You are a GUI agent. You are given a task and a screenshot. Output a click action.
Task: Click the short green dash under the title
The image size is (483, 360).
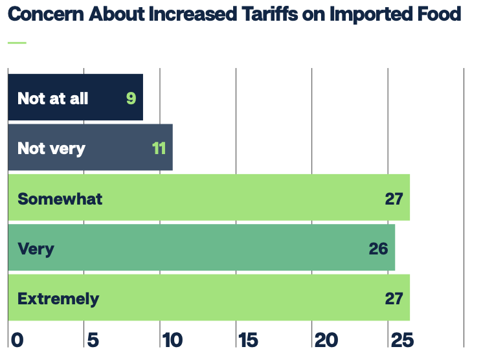tap(17, 43)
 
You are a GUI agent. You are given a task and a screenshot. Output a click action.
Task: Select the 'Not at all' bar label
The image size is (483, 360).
tap(52, 98)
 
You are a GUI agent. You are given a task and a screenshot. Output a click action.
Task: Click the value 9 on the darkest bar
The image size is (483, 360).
tap(131, 98)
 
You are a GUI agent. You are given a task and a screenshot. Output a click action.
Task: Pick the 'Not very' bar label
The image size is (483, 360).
tap(51, 148)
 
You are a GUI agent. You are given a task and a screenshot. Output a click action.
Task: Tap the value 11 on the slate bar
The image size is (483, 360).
tap(159, 148)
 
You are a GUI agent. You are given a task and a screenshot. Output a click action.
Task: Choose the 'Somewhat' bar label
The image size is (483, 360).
tap(60, 198)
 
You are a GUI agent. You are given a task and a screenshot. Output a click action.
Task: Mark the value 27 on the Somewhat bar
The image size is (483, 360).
tap(394, 198)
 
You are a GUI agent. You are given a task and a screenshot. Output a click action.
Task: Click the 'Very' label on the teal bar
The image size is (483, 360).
tap(36, 248)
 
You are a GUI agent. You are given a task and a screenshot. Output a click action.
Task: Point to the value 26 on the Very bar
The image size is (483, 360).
tap(378, 248)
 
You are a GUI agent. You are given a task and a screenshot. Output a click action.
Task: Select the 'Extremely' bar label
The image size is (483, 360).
tap(58, 298)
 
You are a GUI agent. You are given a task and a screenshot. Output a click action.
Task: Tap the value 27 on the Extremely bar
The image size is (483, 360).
tap(394, 298)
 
